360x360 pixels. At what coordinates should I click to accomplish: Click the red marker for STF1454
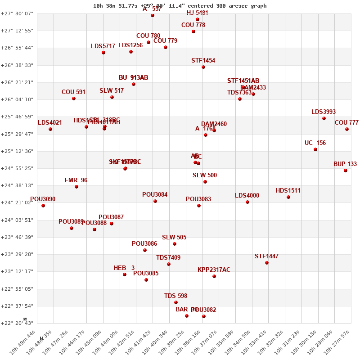tap(203, 67)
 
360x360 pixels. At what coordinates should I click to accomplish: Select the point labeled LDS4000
tap(247, 202)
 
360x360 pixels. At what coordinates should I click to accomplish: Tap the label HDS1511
tap(288, 191)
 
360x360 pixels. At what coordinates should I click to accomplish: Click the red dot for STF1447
tap(267, 263)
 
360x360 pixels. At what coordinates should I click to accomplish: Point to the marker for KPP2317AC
tap(214, 276)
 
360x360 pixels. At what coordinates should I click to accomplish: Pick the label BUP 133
tap(345, 164)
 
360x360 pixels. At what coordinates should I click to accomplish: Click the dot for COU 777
tap(347, 129)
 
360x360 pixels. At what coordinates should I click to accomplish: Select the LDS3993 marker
tap(324, 118)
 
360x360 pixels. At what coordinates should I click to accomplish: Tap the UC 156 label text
tap(315, 143)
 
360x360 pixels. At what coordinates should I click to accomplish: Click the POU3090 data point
tap(43, 206)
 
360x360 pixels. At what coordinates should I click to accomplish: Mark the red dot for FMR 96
tap(76, 187)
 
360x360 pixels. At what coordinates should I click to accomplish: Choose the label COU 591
tap(73, 92)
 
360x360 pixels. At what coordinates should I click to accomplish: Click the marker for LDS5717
tap(103, 53)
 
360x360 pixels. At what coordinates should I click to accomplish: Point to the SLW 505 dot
tap(175, 244)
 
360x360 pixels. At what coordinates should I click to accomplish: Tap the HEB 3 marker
tap(125, 274)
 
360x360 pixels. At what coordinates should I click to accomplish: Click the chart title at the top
tap(180, 6)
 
